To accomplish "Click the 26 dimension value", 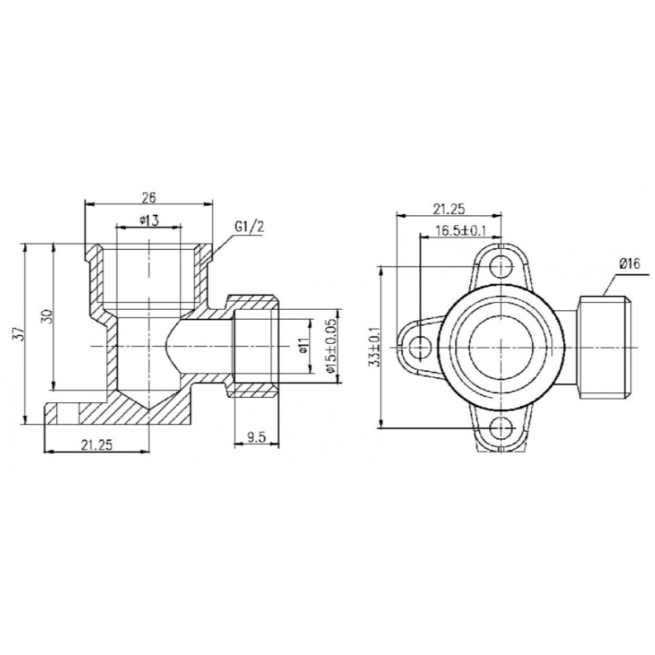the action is tap(149, 197).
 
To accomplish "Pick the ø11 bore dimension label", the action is tap(304, 345).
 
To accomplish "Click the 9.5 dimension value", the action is tap(256, 438).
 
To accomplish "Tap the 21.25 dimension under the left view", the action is tap(97, 445).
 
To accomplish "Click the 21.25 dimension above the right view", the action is tap(449, 209).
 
